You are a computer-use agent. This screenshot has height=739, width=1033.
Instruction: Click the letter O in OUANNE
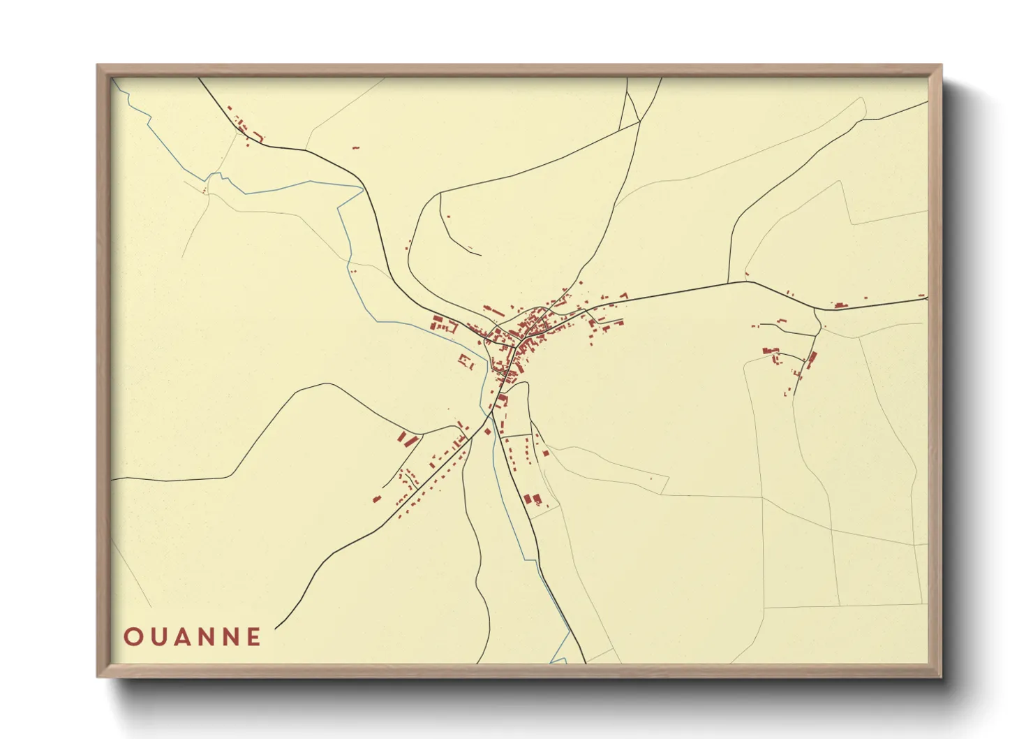[133, 637]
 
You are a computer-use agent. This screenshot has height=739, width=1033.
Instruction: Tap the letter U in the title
[158, 637]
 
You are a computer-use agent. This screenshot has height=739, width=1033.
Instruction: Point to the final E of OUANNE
[253, 637]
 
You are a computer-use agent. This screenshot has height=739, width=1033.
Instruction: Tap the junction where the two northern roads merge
[640, 122]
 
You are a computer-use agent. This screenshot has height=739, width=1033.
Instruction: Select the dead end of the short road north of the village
[481, 254]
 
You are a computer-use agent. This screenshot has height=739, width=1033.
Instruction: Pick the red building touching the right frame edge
[923, 296]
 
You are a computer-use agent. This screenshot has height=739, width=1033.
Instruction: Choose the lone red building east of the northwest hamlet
[355, 147]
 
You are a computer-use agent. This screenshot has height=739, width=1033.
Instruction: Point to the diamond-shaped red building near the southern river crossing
[488, 432]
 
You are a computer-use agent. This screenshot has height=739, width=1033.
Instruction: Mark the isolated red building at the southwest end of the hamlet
[377, 499]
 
